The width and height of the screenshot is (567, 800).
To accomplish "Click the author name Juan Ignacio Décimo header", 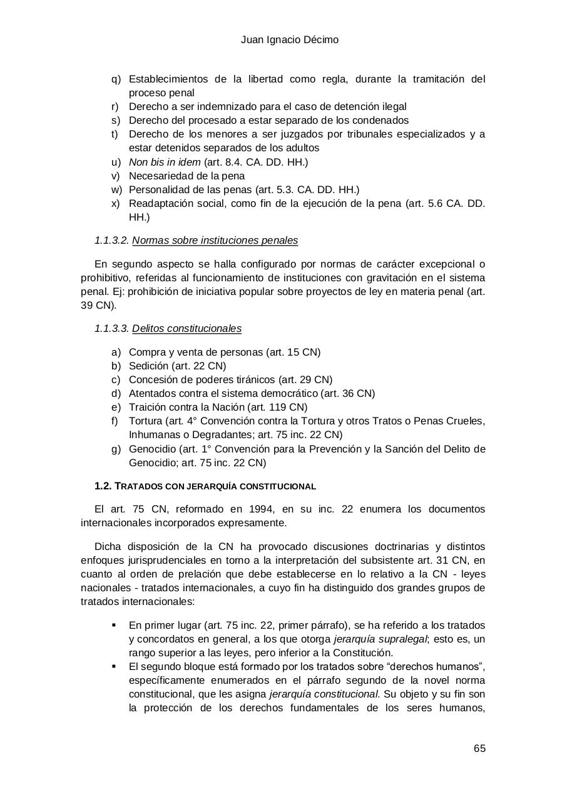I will (x=290, y=40).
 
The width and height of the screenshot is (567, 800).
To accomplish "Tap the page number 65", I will (x=479, y=749).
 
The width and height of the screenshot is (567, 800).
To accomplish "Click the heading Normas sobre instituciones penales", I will (x=215, y=241).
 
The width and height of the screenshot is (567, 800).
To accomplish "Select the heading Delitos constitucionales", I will (x=186, y=329).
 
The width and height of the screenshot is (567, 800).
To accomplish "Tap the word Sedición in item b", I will (x=148, y=366).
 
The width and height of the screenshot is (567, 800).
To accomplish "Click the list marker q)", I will (x=116, y=79).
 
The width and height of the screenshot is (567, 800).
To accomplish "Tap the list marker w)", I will (x=116, y=189).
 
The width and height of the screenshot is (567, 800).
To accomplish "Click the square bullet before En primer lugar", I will (x=114, y=625).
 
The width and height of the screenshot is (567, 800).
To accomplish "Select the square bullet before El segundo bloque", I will (x=114, y=666).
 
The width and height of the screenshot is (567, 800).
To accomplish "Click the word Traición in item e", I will (x=147, y=407).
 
